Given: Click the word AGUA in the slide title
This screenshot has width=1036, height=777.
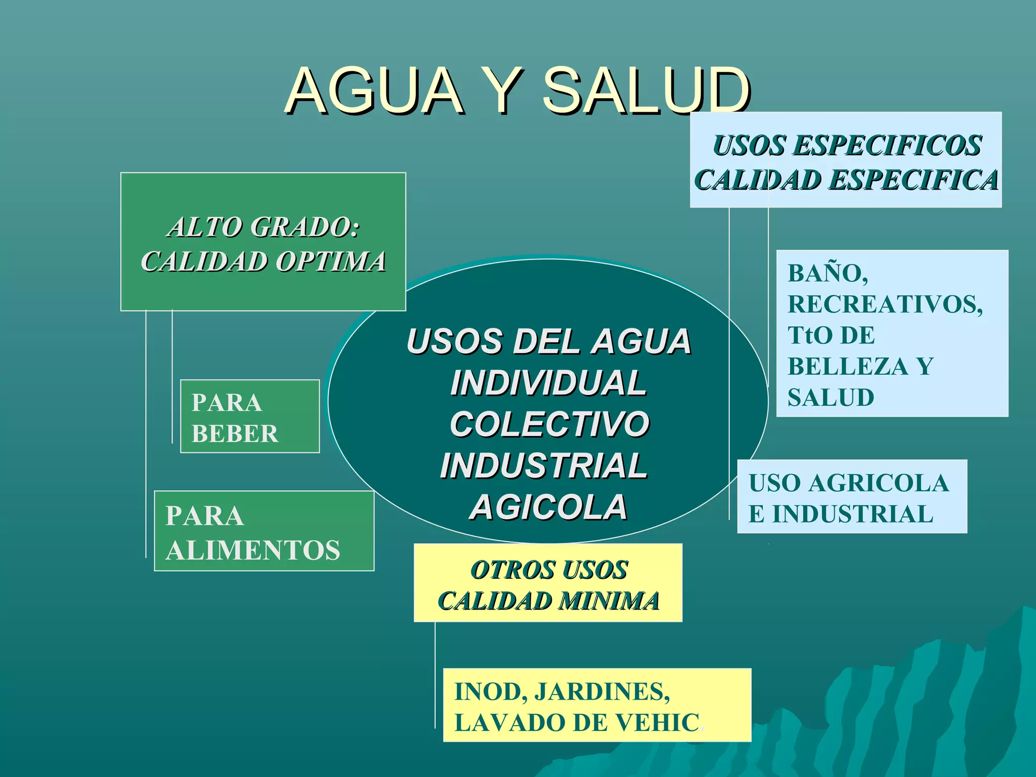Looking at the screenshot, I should tap(374, 91).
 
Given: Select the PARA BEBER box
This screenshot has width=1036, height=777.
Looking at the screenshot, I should tap(250, 416).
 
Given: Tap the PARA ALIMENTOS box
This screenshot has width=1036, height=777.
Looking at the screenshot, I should tap(264, 531).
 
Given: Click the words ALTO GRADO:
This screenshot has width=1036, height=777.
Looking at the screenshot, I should tap(264, 227).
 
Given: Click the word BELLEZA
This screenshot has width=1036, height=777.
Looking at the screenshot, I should tap(848, 366).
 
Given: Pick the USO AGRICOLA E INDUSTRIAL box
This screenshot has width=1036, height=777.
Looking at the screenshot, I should tap(852, 497).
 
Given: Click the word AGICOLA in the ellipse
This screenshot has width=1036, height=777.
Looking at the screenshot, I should tap(548, 507).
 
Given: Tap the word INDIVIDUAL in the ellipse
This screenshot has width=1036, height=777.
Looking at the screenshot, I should tap(548, 382).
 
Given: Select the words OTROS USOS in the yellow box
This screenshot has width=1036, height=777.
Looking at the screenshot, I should tap(549, 570).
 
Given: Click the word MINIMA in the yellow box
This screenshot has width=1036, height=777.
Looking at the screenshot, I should tap(609, 601).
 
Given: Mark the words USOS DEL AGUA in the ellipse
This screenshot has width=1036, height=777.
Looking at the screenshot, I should tap(548, 341).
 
